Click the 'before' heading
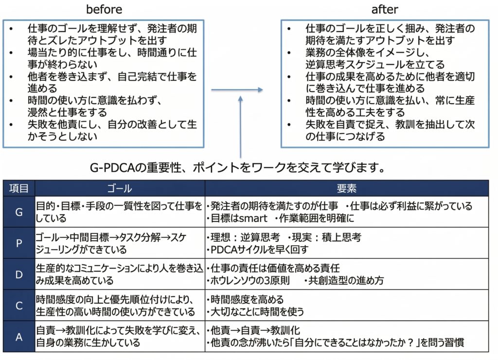[x=104, y=9]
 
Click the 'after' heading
[x=385, y=9]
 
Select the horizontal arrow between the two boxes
[x=237, y=90]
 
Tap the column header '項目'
[x=18, y=188]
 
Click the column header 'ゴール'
[x=120, y=188]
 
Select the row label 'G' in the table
[x=18, y=212]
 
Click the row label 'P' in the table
[x=18, y=243]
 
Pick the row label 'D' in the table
[x=18, y=274]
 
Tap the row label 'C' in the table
[x=18, y=305]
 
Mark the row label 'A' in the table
[x=18, y=336]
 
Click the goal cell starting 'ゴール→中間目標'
[x=119, y=243]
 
